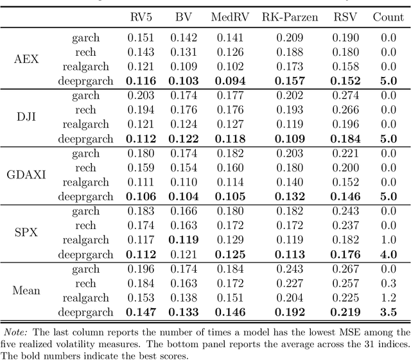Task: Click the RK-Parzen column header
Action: click(x=290, y=17)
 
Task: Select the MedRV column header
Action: click(x=226, y=17)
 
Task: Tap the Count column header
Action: click(x=389, y=17)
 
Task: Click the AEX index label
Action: click(x=26, y=60)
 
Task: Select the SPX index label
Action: click(x=26, y=232)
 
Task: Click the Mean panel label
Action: click(x=26, y=290)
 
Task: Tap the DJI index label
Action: click(x=26, y=117)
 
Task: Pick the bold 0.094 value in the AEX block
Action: click(x=226, y=81)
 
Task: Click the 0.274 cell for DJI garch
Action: click(x=345, y=95)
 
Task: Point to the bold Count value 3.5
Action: click(x=389, y=313)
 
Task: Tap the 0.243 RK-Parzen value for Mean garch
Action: click(x=290, y=269)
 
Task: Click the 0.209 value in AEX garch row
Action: click(x=290, y=38)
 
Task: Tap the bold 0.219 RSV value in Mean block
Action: click(x=345, y=313)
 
